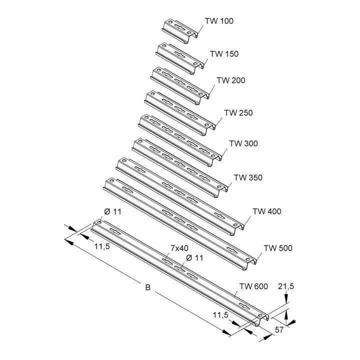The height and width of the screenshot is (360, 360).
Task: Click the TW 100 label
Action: [219, 21]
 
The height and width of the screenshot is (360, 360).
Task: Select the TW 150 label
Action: [224, 54]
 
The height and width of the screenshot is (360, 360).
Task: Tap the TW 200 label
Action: [231, 80]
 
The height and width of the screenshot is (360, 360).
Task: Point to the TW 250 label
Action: [238, 112]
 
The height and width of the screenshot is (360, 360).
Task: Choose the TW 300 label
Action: [243, 143]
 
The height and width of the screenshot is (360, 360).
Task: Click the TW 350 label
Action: [248, 177]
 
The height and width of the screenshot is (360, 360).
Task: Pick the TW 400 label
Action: [267, 211]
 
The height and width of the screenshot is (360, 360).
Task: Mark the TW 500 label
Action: [278, 248]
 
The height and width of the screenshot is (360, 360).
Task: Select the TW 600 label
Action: [253, 286]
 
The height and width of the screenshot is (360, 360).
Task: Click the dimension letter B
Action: [148, 287]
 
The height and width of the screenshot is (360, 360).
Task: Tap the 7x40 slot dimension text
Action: [179, 248]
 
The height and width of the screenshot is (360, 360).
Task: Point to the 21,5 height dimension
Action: [286, 286]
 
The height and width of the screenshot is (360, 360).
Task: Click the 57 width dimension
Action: [279, 330]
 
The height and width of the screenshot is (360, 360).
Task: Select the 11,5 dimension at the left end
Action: [102, 246]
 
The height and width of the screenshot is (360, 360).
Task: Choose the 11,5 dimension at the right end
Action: [220, 315]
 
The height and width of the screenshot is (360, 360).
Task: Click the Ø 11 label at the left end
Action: [112, 211]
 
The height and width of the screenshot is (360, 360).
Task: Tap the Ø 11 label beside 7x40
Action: [194, 258]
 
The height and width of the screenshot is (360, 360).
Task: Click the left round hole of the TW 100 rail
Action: [170, 22]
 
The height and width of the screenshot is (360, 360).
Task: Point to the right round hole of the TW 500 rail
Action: [248, 259]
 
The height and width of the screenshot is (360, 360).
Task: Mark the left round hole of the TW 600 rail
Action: [99, 222]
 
